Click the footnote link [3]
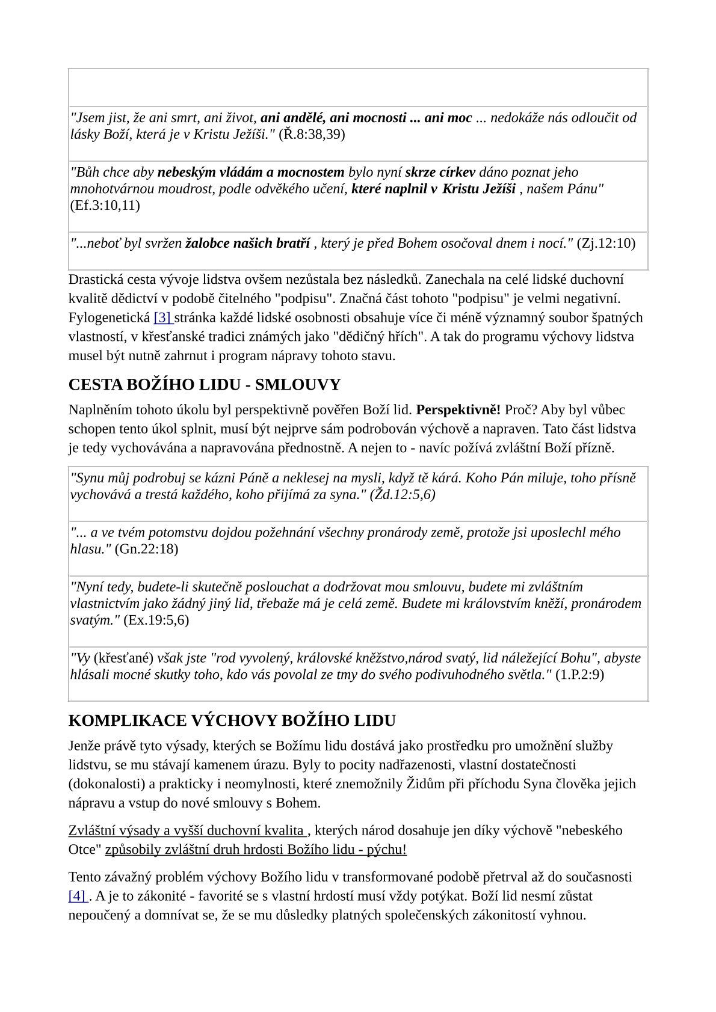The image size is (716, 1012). [162, 317]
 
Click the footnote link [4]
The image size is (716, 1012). [78, 896]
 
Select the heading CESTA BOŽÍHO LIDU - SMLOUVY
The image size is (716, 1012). [205, 385]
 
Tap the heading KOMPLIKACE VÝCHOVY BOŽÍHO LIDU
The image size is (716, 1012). [232, 720]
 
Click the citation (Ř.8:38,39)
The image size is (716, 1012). [312, 134]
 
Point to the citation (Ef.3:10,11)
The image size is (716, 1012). [105, 206]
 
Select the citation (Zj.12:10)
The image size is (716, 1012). [606, 244]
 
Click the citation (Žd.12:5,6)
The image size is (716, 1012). [403, 495]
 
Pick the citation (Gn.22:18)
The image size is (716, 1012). [146, 549]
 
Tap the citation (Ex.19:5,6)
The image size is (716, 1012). [156, 621]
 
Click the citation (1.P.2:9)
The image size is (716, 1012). [579, 675]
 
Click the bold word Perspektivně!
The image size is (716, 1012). [458, 410]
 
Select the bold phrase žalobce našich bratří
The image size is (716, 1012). [247, 244]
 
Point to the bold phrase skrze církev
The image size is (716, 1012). [440, 173]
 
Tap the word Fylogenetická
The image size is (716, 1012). [109, 317]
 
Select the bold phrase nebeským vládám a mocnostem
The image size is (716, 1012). [251, 173]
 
